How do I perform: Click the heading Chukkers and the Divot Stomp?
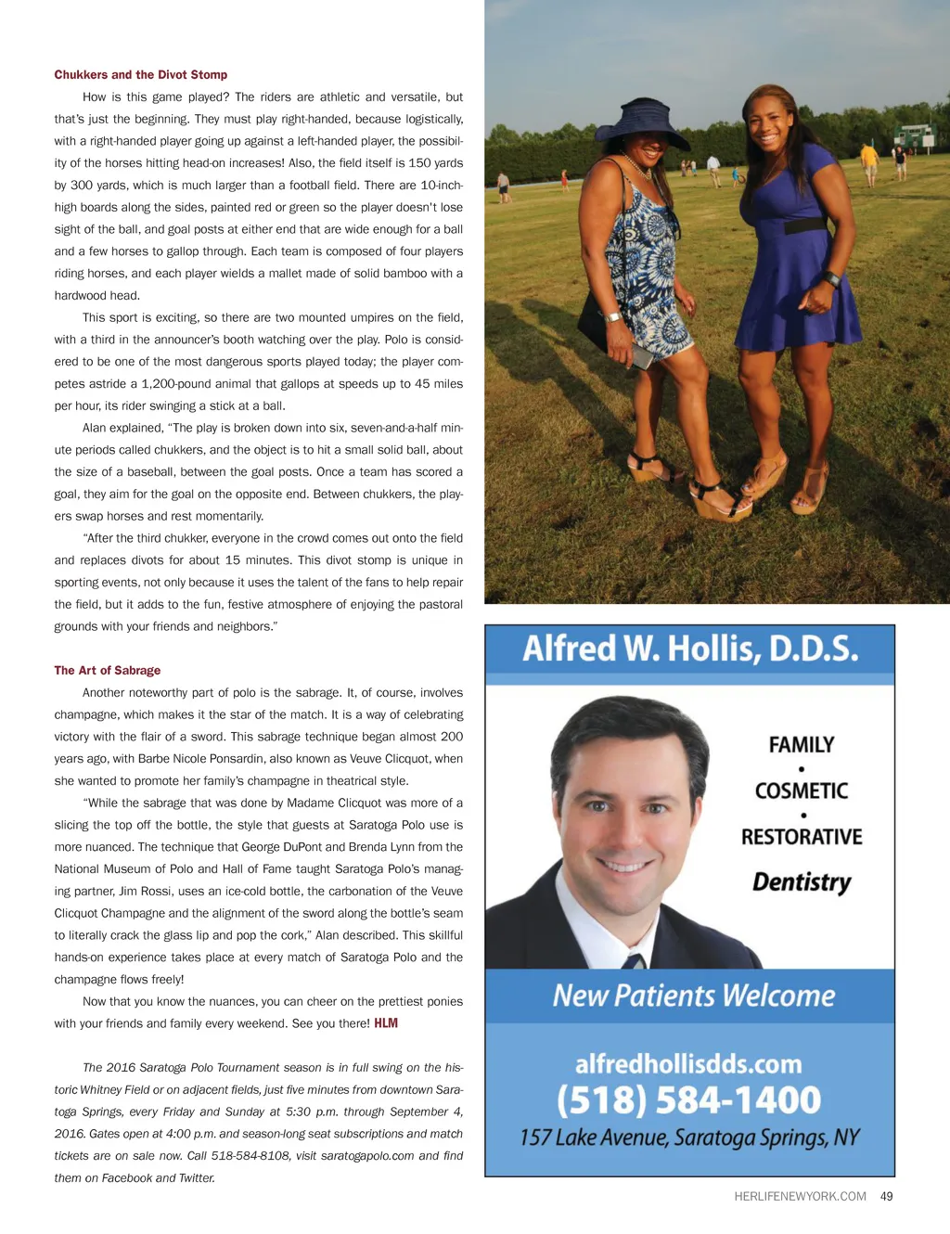140,75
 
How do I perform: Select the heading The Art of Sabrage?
107,671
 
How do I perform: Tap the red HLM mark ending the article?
386,1023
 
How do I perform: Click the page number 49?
886,1197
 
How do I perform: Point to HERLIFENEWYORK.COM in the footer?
800,1197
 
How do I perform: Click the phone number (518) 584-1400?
689,1100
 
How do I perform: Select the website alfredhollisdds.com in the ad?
688,1064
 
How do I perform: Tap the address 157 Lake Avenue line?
689,1138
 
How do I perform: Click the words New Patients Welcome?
693,996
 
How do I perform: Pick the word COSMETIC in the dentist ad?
802,791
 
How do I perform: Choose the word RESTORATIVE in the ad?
802,837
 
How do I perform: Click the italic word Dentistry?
802,881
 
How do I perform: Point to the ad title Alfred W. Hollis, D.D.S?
690,649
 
